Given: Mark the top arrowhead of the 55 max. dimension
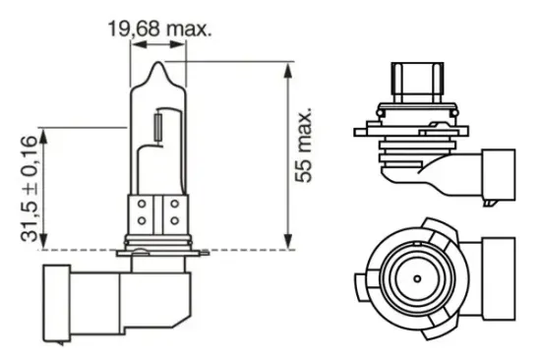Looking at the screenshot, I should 287,69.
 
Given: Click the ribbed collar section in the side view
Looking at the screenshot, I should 409,148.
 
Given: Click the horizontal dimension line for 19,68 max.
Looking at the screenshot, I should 157,42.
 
